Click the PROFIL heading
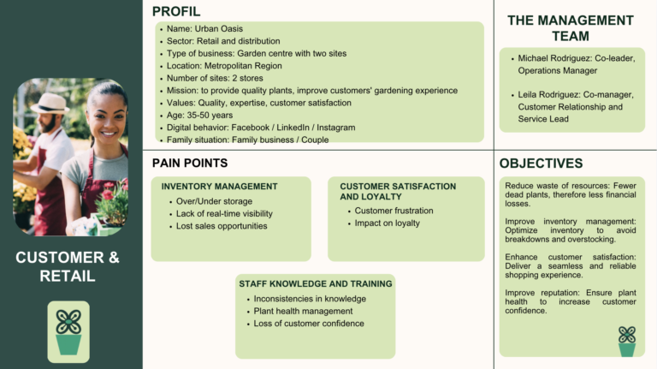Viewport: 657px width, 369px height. [x=176, y=11]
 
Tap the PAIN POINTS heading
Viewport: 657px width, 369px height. [x=190, y=163]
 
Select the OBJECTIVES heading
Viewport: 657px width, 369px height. [x=541, y=163]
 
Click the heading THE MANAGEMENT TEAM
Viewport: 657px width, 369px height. [x=570, y=28]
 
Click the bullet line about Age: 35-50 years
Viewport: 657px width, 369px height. [x=199, y=115]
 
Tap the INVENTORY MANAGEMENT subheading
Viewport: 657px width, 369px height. [x=219, y=186]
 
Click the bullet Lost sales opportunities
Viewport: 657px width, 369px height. [x=222, y=226]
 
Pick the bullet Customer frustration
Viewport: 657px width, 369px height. [x=394, y=211]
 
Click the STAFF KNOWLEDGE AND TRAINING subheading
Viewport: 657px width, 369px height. [x=316, y=283]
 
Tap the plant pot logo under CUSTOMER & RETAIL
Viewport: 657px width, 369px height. [x=68, y=331]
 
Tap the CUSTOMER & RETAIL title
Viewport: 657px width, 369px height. [x=68, y=266]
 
